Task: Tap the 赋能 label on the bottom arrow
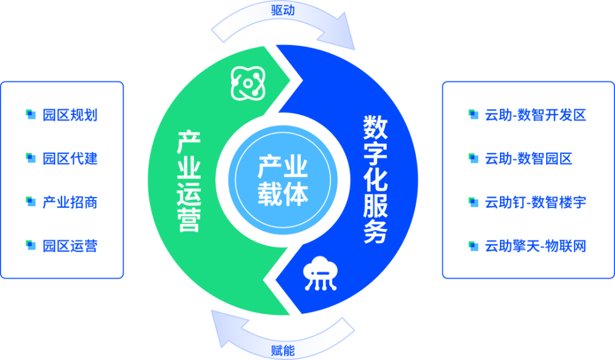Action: [x=283, y=350]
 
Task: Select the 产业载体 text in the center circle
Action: [x=283, y=180]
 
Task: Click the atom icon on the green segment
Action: [x=248, y=83]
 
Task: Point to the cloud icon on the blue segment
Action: [x=320, y=274]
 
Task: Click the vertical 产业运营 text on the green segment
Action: [x=189, y=182]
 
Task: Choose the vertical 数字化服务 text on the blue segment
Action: [x=375, y=179]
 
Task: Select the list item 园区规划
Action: [x=70, y=115]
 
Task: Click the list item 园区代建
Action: [x=70, y=159]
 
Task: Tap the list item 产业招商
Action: [x=70, y=202]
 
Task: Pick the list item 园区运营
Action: [x=70, y=246]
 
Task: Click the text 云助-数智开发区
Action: [x=536, y=115]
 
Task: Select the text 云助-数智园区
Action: [x=529, y=159]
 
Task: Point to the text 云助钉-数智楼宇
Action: [x=536, y=202]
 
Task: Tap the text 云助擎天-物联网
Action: [x=536, y=246]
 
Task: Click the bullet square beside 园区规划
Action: [x=31, y=114]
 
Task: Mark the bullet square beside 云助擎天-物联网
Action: [x=474, y=246]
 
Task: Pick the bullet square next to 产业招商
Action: [x=31, y=202]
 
